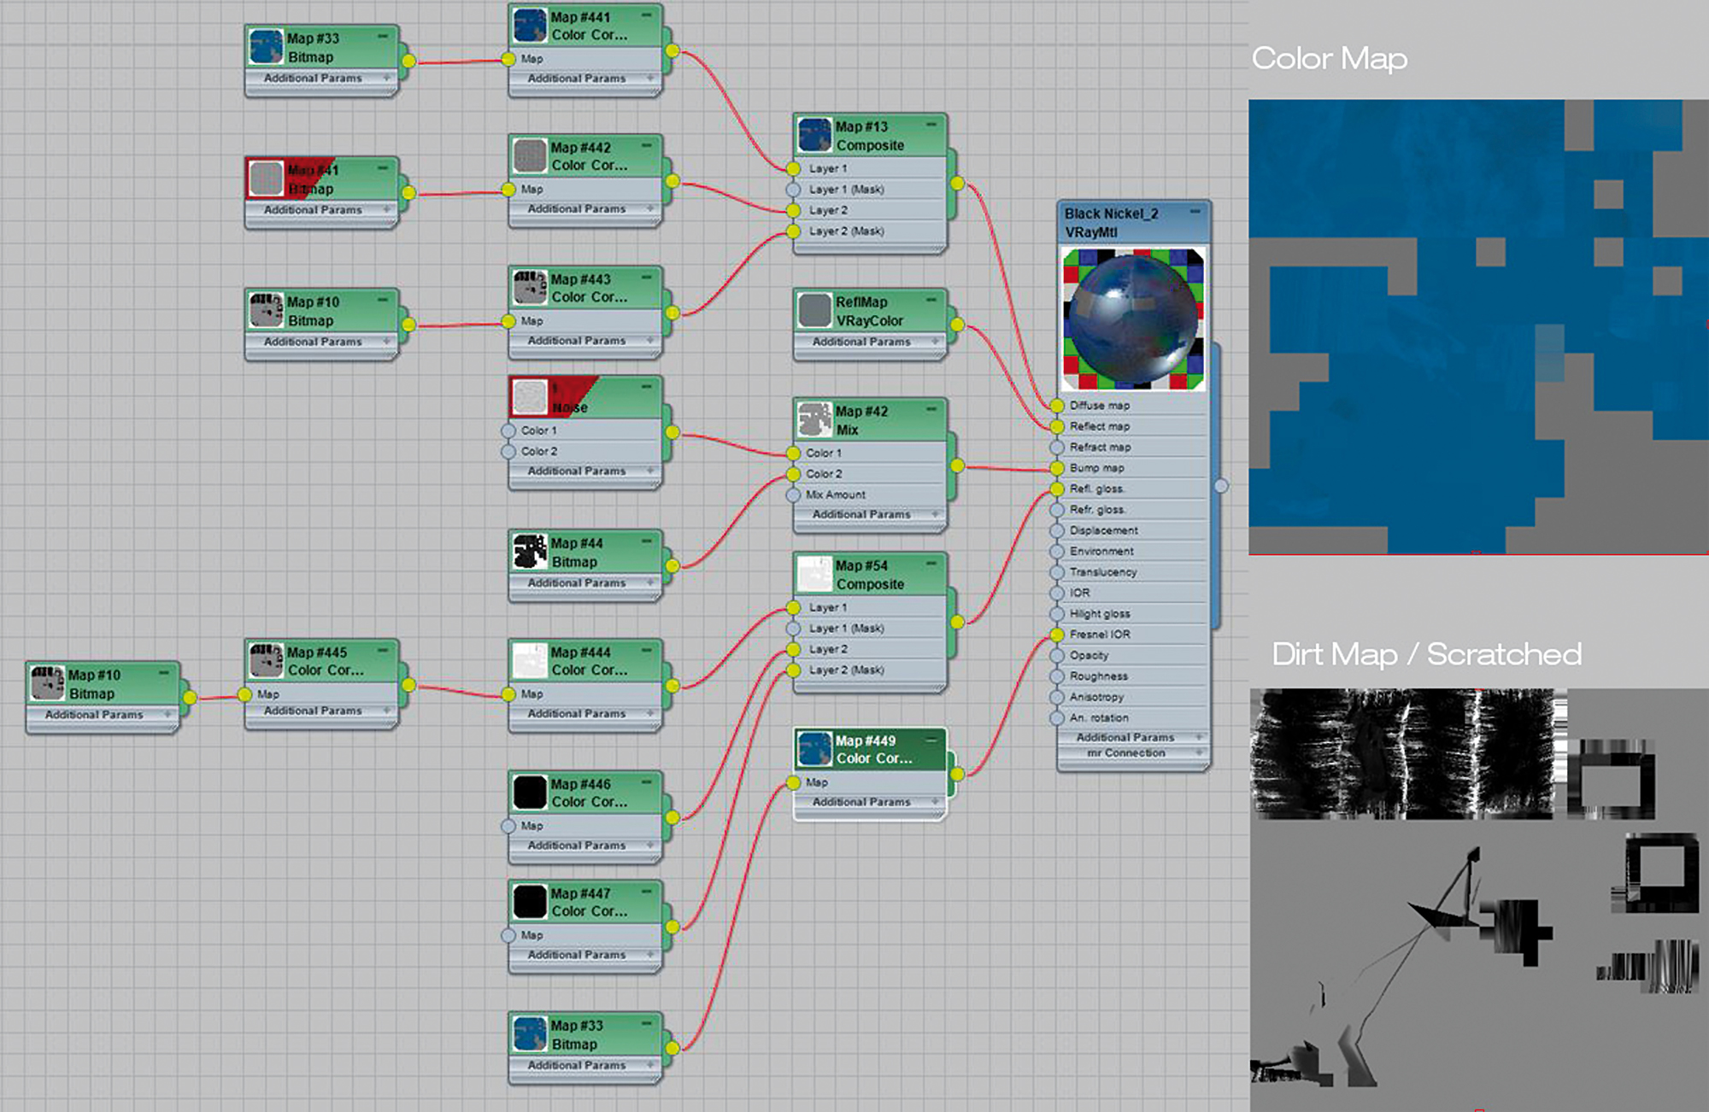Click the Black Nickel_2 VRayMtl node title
pos(1111,222)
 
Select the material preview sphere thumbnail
pos(1133,319)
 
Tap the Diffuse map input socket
pos(1058,406)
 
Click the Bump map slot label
pos(1097,468)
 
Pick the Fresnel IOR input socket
pos(1058,635)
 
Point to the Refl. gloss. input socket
pos(1058,489)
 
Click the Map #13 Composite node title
pos(870,136)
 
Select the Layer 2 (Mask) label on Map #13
pos(847,231)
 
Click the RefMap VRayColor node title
pos(869,312)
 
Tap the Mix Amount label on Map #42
pos(836,495)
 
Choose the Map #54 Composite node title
pos(870,575)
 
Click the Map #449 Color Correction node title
pos(873,750)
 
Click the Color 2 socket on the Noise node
pos(509,451)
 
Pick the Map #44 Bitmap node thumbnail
pos(530,552)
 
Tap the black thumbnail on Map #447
pos(530,902)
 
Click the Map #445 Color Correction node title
pos(326,661)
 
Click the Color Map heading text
pos(1330,59)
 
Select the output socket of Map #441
pos(672,51)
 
